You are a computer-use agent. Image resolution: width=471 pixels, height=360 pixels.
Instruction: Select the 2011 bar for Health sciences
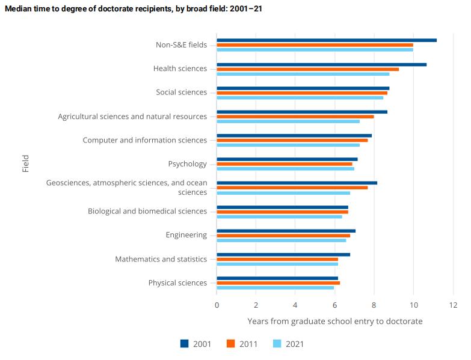[307, 69]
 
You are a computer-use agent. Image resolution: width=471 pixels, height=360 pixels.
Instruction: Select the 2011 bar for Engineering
[283, 236]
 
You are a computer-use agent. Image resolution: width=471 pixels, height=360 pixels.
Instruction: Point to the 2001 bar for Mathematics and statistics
[283, 254]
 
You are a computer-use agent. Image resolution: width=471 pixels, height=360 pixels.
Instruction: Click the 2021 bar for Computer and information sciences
[288, 145]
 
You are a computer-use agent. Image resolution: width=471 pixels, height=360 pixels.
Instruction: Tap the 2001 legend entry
[196, 344]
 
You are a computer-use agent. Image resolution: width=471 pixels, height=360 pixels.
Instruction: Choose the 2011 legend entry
[242, 344]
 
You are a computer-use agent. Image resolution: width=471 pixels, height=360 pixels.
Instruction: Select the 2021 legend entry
[289, 344]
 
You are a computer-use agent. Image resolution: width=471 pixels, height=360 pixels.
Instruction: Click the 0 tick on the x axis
[217, 305]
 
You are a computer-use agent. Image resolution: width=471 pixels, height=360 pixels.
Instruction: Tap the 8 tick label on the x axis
[374, 305]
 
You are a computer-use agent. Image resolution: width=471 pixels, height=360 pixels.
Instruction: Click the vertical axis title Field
[26, 164]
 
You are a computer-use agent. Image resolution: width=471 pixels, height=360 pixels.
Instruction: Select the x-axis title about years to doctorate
[334, 322]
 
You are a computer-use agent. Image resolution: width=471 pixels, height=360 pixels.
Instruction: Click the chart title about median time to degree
[133, 9]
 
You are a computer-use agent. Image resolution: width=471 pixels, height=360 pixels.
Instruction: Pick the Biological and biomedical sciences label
[147, 212]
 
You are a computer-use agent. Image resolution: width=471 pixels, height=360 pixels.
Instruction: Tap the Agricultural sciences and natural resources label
[132, 117]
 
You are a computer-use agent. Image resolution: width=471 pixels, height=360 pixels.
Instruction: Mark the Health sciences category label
[180, 69]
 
